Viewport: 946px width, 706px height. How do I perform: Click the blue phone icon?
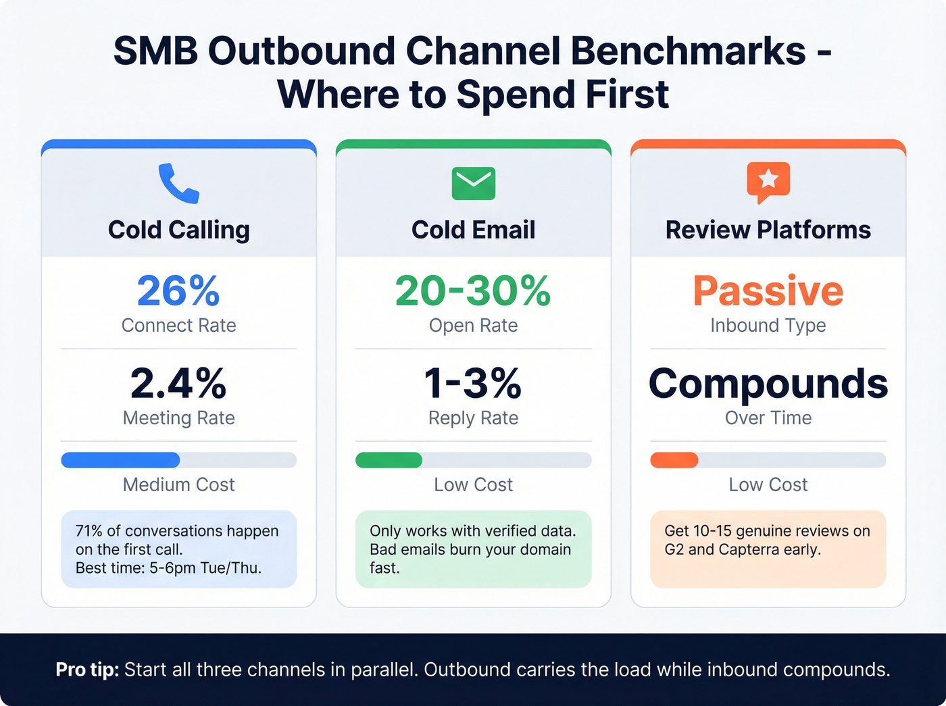pyautogui.click(x=178, y=183)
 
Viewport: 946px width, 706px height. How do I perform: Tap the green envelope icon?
pyautogui.click(x=473, y=183)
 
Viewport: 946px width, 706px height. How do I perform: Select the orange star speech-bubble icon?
pyautogui.click(x=768, y=181)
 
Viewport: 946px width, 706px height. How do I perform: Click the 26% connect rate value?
pyautogui.click(x=178, y=291)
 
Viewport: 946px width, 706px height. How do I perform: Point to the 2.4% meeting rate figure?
pyautogui.click(x=178, y=383)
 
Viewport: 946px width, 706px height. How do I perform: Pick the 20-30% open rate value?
pyautogui.click(x=473, y=291)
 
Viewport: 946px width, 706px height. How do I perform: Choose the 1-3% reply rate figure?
pyautogui.click(x=473, y=383)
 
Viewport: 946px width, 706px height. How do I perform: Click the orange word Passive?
pyautogui.click(x=768, y=291)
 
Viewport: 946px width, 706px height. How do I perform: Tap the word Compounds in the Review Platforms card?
pyautogui.click(x=768, y=383)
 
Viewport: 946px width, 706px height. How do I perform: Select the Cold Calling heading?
pyautogui.click(x=178, y=230)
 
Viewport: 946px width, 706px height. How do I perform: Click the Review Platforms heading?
pyautogui.click(x=768, y=230)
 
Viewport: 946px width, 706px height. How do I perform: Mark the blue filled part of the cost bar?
pyautogui.click(x=120, y=460)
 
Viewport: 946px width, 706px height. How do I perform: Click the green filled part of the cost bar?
pyautogui.click(x=389, y=460)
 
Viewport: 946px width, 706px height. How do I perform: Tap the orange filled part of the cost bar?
pyautogui.click(x=674, y=460)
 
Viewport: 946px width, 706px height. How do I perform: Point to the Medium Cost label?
pyautogui.click(x=178, y=484)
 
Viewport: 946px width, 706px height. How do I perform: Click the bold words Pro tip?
pyautogui.click(x=87, y=670)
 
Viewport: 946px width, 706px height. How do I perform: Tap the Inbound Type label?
pyautogui.click(x=768, y=326)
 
